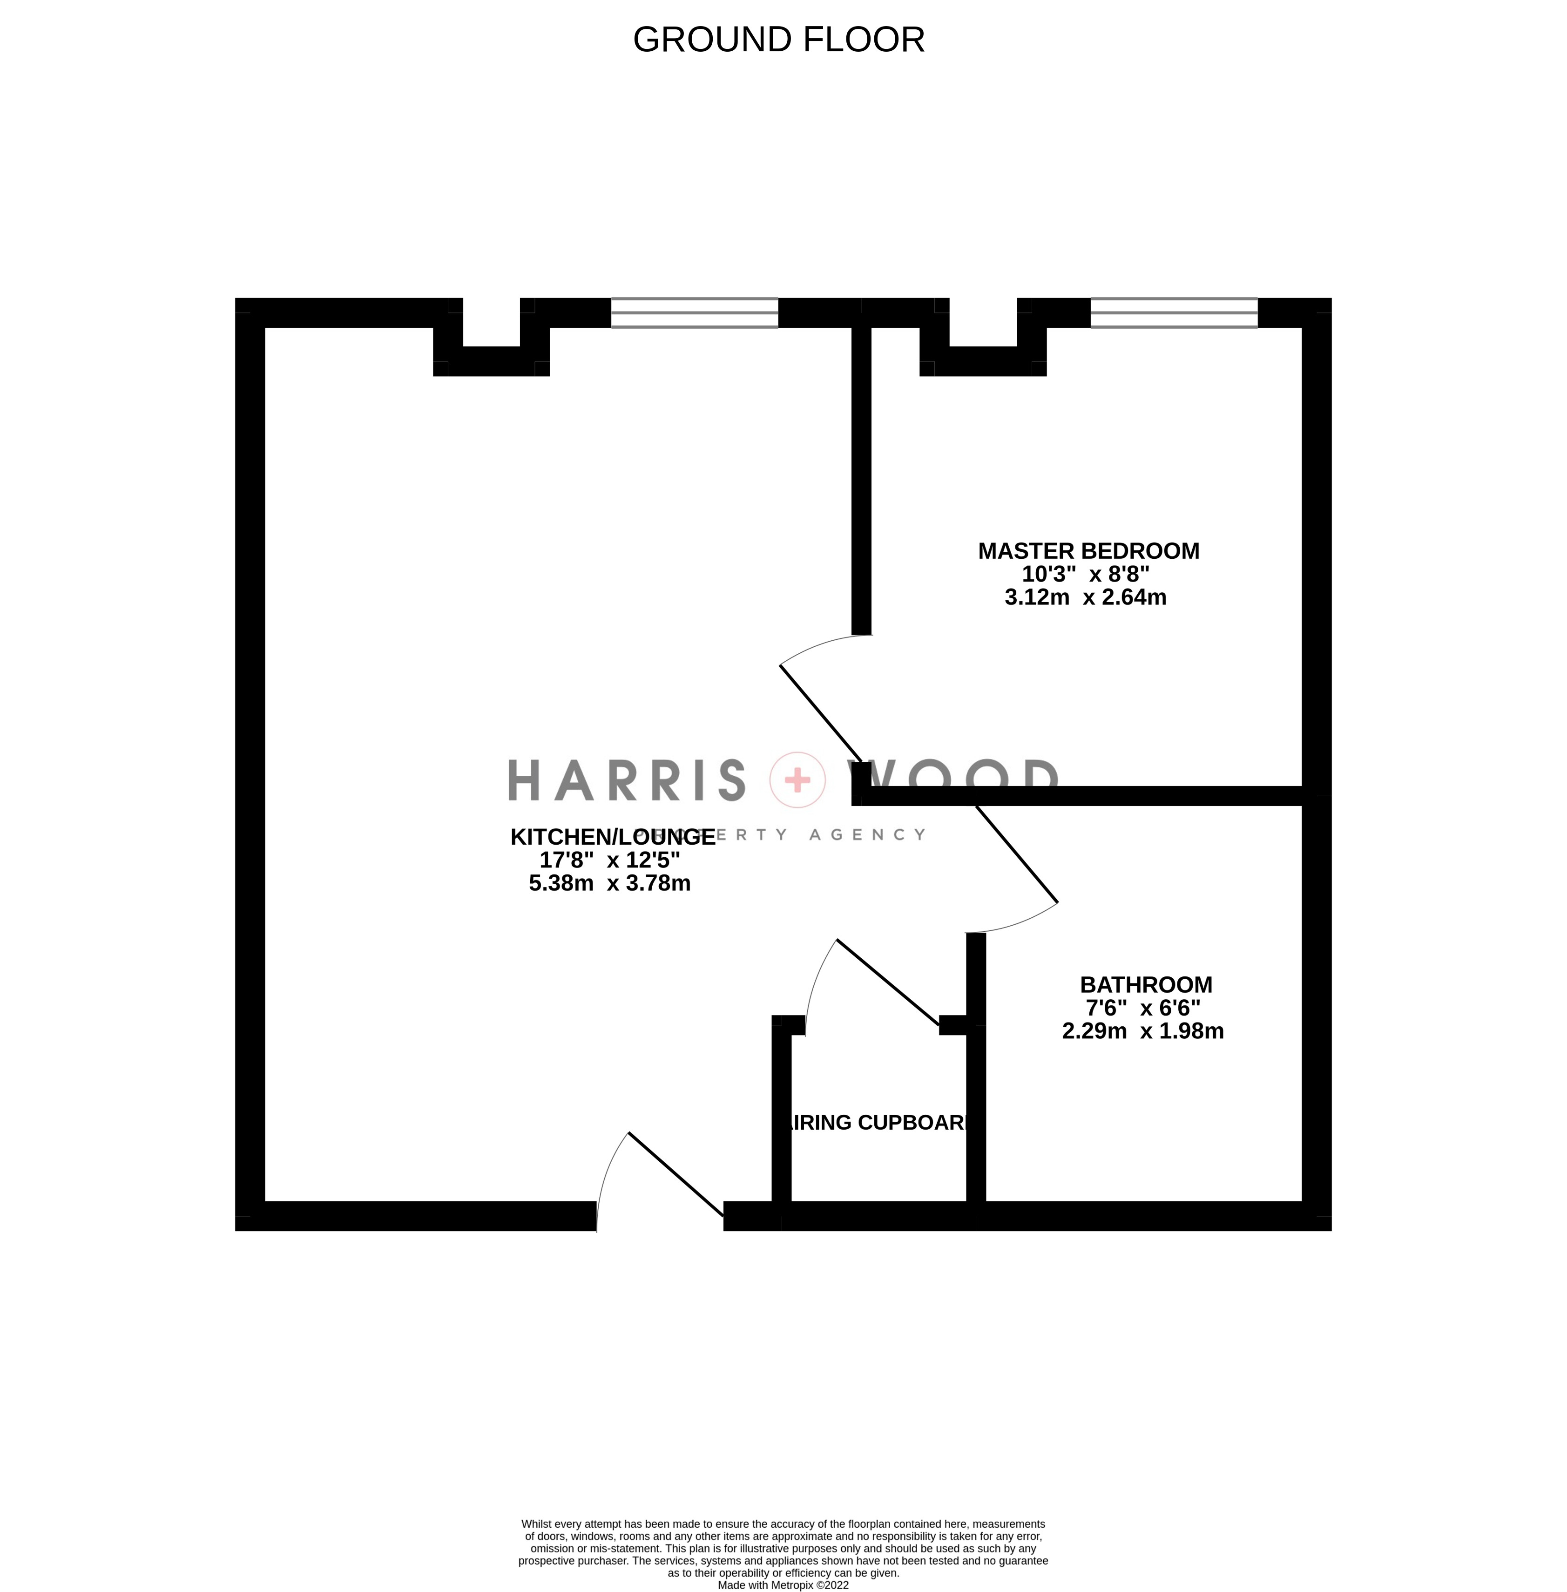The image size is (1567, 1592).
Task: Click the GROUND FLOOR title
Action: coord(778,40)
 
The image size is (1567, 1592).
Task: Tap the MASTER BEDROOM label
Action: coord(1088,551)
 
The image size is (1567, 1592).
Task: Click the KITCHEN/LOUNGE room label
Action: coord(612,837)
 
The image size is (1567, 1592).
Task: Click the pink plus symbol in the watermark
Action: coord(797,779)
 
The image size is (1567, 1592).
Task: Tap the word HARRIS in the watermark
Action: coord(626,779)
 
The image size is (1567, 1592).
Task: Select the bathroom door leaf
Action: coord(1016,854)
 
